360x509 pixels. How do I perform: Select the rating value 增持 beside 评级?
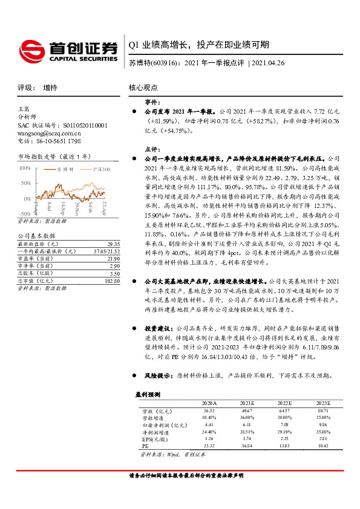(50, 88)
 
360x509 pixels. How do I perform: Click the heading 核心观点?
(143, 88)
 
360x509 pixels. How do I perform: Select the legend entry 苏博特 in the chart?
(66, 170)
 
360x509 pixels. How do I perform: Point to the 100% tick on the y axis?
(25, 168)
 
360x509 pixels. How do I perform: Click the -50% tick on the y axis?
(25, 213)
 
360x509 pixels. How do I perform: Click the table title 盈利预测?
(148, 394)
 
